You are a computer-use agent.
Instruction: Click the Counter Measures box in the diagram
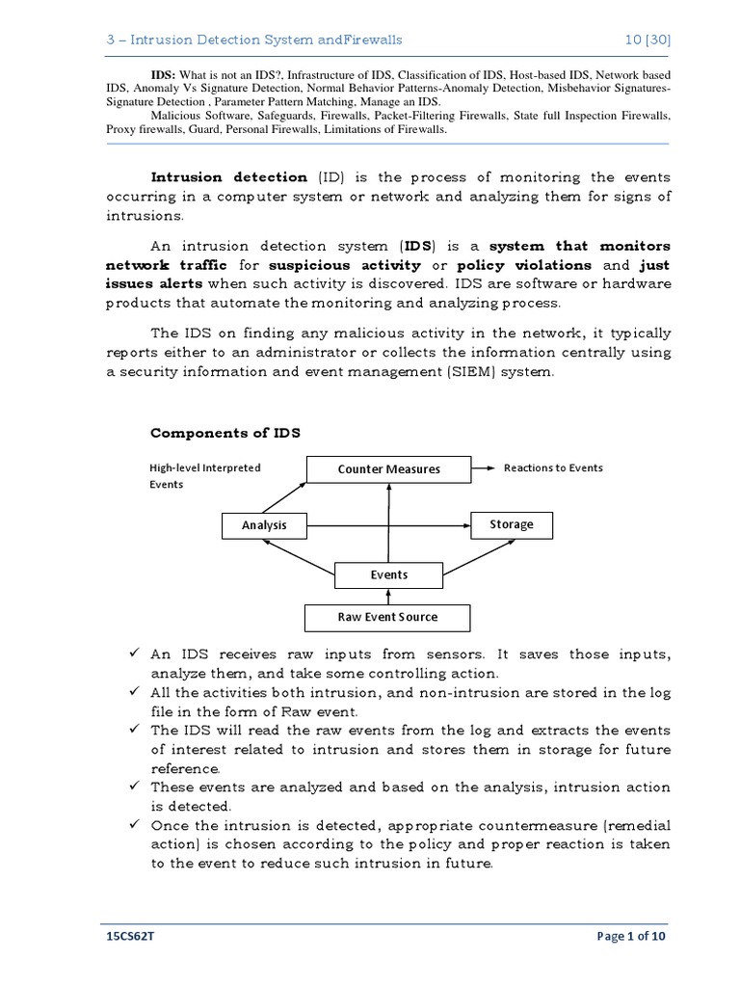coord(388,468)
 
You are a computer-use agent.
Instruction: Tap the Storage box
coord(511,524)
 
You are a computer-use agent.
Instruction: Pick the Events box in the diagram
coord(388,575)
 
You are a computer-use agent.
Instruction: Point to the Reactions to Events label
coord(553,467)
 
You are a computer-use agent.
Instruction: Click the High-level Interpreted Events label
coord(204,476)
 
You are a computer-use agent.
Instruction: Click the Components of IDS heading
coord(225,433)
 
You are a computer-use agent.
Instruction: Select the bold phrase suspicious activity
coord(345,265)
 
